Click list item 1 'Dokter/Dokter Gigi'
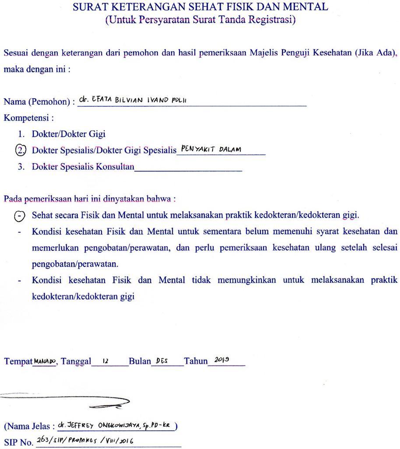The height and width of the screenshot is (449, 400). coord(68,134)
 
